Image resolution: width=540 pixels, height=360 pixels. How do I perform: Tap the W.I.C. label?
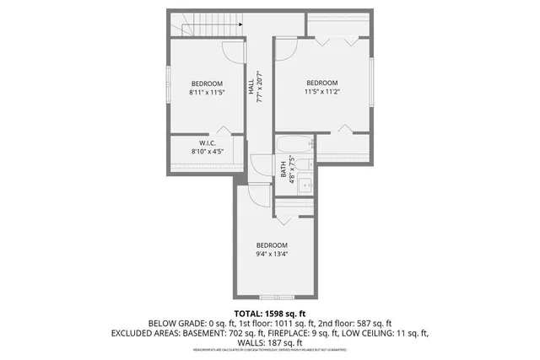tap(208, 142)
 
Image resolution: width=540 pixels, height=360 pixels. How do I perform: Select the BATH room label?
tap(283, 169)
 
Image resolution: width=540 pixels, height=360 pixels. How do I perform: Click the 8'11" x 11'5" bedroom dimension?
tap(207, 93)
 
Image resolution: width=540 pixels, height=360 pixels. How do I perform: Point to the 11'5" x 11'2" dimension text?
tap(321, 93)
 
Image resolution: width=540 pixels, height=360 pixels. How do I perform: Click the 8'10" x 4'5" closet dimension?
tap(207, 152)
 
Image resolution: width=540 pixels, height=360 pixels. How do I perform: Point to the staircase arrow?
tap(240, 24)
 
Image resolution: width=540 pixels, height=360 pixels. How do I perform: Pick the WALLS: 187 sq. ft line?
tap(270, 343)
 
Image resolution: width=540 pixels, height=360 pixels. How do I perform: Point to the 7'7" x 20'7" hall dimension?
tap(262, 85)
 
